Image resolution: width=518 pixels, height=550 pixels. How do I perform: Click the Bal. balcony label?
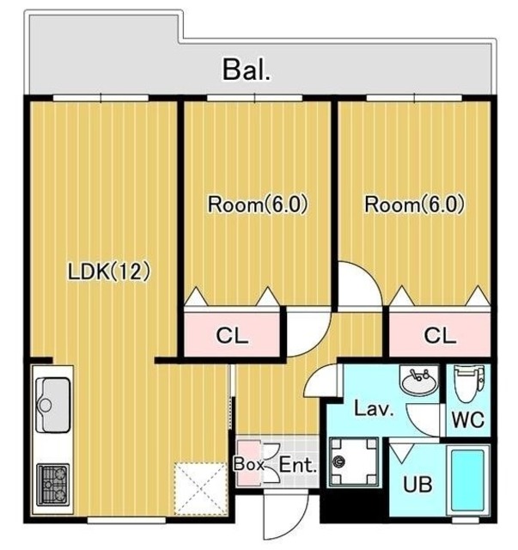pos(247,70)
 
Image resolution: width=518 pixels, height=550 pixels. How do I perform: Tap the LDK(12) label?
pos(109,272)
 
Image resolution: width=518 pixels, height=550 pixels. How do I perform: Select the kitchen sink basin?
pos(53,405)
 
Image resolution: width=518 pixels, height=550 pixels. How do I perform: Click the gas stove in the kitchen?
pos(53,485)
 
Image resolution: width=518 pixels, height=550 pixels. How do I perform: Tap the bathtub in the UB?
pos(467,480)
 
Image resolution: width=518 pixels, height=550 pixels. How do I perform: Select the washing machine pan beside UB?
pos(354,462)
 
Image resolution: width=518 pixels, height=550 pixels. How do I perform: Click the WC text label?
pos(468,419)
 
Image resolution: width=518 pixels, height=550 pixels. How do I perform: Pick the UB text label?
pos(417,485)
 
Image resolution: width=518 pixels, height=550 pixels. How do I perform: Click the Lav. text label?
pos(373,409)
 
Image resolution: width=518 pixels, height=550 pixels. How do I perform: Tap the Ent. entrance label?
pos(298,466)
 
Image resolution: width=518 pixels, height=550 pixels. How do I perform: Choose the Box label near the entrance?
pos(248,464)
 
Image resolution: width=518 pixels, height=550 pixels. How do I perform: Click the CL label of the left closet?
pos(232,336)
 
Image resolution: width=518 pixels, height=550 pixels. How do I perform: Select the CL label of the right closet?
pos(440,336)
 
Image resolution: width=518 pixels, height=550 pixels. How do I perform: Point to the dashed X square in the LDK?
pos(201,489)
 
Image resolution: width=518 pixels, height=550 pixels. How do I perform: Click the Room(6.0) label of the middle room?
pos(258,205)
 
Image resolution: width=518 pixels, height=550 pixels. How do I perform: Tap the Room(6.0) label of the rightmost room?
pos(415,205)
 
